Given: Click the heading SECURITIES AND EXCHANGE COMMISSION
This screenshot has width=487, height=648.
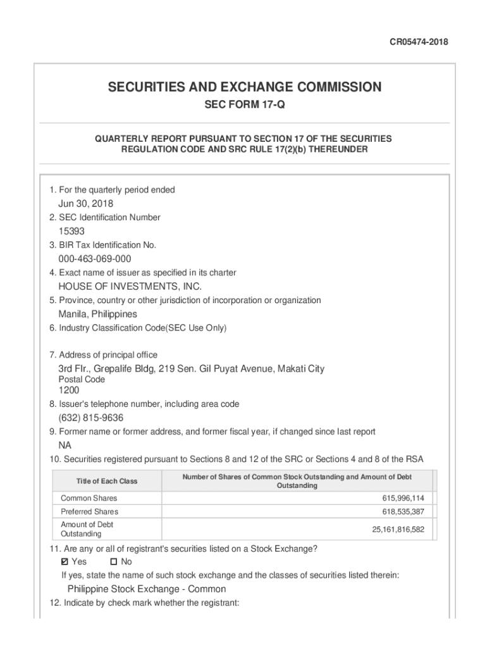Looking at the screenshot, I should (245, 87).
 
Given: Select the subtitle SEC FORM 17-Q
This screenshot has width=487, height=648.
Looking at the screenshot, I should (245, 104).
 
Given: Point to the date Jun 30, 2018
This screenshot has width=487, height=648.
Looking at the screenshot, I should (85, 203).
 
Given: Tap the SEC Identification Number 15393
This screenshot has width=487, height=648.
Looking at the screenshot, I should (71, 231).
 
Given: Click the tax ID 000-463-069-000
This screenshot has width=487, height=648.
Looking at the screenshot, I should (95, 259).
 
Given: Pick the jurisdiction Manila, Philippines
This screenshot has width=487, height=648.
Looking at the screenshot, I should (97, 314).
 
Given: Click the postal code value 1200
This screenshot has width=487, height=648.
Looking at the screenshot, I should (70, 390).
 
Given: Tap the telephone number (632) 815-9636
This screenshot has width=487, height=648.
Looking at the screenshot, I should (90, 418).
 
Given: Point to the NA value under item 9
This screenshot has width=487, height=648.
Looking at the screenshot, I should (65, 445).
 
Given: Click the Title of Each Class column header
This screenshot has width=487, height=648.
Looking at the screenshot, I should (106, 481).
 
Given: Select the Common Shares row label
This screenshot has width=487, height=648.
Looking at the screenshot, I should (89, 498).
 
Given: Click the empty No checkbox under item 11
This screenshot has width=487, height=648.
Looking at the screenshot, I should (114, 562).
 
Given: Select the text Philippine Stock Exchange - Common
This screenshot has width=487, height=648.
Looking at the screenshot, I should (146, 589).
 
